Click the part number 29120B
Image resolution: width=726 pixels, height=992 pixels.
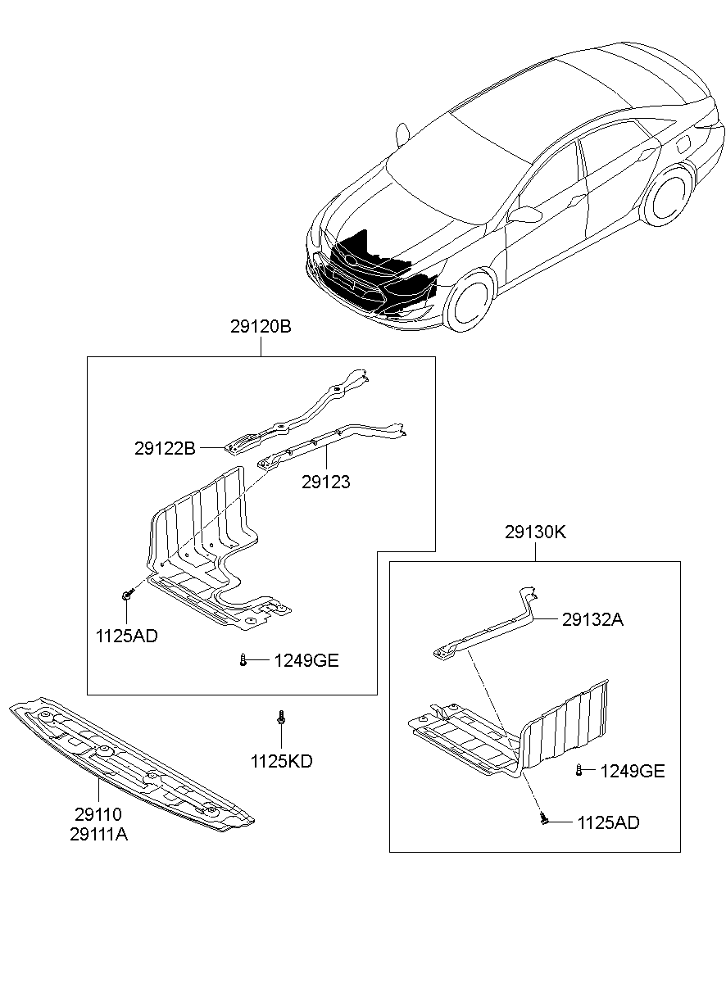261,327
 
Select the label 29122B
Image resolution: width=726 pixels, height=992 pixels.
165,449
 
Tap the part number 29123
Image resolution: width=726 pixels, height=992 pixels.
325,482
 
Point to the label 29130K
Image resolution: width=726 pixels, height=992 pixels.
535,532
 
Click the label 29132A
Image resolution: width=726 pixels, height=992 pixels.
592,620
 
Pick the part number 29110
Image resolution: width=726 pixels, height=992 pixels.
98,815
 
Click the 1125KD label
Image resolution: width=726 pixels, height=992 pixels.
281,762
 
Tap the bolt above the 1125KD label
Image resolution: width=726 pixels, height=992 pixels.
281,718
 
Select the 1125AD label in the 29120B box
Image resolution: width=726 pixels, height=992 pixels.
126,636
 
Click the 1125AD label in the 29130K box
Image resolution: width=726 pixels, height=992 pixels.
608,822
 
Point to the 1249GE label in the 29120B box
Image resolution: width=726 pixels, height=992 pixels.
306,661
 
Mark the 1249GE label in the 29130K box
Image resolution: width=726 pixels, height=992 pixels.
632,771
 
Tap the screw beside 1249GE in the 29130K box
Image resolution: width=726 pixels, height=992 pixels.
579,769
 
